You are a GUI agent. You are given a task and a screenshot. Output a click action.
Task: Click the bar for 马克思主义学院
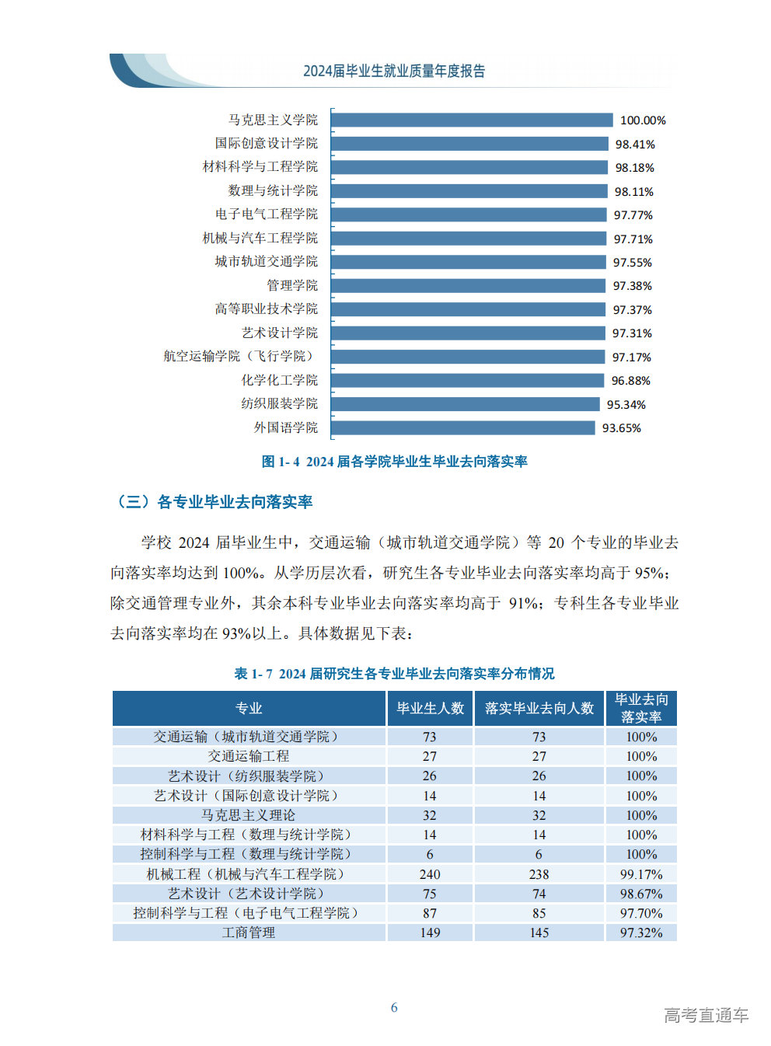pyautogui.click(x=472, y=120)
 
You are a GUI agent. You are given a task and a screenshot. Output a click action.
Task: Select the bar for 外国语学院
pyautogui.click(x=463, y=427)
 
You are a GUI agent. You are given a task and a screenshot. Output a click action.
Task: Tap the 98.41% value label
pyautogui.click(x=635, y=144)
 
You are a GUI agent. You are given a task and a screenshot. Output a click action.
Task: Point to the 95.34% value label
pyautogui.click(x=626, y=404)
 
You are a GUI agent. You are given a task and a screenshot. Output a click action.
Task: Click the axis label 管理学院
pyautogui.click(x=292, y=285)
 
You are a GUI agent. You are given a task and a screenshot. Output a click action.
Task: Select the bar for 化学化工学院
pyautogui.click(x=467, y=380)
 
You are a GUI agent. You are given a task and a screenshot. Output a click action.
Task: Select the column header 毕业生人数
pyautogui.click(x=430, y=708)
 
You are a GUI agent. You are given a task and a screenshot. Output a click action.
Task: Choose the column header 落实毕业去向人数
pyautogui.click(x=539, y=708)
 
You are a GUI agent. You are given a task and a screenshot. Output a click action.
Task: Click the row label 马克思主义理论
pyautogui.click(x=249, y=815)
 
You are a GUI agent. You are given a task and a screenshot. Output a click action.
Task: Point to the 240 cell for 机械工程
pyautogui.click(x=430, y=874)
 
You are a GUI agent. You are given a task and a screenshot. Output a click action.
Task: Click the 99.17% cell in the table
pyautogui.click(x=641, y=874)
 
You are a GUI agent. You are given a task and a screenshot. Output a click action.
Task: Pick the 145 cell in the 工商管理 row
pyautogui.click(x=539, y=933)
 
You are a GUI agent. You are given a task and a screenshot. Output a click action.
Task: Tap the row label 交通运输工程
pyautogui.click(x=249, y=756)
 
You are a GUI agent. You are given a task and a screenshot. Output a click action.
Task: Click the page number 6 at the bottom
pyautogui.click(x=394, y=1007)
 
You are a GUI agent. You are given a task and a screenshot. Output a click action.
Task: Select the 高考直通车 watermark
pyautogui.click(x=706, y=1015)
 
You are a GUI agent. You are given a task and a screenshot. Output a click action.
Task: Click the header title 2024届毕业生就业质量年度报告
pyautogui.click(x=394, y=71)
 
